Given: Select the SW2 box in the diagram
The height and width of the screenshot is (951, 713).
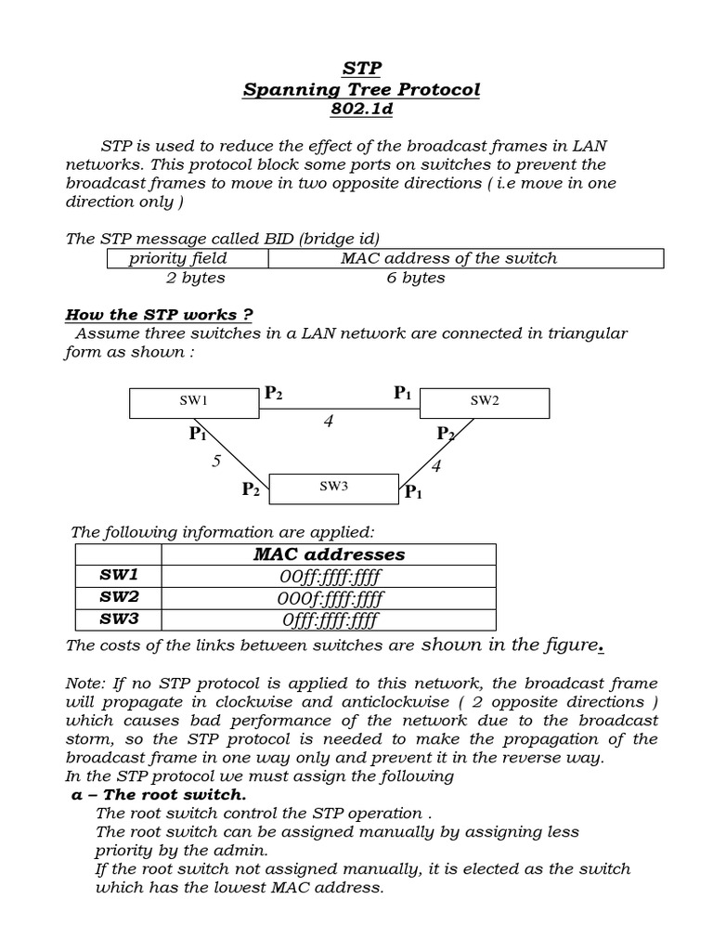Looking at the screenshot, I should [x=485, y=401].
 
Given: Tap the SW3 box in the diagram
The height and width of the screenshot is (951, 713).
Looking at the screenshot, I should [x=333, y=486].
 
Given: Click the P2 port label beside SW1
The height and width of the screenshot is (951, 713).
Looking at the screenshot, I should [x=273, y=393].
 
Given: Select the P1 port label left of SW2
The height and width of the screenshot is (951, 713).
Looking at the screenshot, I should [x=402, y=393].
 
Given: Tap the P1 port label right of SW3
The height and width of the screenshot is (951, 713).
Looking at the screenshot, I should [x=413, y=493].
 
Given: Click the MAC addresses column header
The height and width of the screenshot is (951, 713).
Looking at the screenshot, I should [x=329, y=554].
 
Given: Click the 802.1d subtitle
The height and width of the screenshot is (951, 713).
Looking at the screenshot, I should [x=362, y=110].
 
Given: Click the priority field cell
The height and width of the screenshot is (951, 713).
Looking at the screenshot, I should [x=178, y=258].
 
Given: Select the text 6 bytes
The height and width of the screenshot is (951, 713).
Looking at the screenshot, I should [x=416, y=278].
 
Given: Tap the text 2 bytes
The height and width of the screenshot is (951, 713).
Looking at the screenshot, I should [x=195, y=278].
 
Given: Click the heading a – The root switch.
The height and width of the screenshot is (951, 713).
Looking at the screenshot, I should [x=160, y=795].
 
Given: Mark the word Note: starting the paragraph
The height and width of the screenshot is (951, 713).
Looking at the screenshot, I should [x=86, y=683].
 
